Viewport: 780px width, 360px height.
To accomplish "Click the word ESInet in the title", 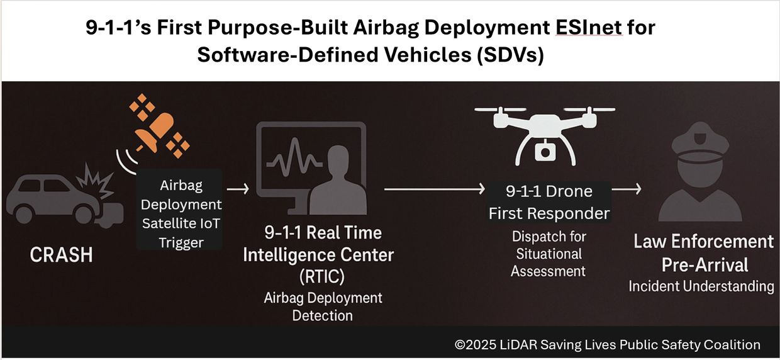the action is click(589, 28).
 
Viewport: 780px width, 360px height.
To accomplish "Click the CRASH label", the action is click(61, 255).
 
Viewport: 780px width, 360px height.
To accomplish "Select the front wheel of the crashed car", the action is click(84, 215).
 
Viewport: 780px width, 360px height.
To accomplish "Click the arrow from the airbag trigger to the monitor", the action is click(238, 189).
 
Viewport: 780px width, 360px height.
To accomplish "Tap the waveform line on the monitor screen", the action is click(294, 157).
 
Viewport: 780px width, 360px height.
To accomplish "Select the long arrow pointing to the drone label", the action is click(435, 189).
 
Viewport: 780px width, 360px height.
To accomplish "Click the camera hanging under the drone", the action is click(545, 150).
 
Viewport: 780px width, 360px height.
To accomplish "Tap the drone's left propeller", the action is click(500, 110).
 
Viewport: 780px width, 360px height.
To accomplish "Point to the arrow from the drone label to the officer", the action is click(627, 189).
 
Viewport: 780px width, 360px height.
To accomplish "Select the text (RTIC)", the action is click(322, 277).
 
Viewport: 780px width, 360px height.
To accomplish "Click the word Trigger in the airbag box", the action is click(181, 242).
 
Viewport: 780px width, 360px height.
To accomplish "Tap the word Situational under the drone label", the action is click(549, 254).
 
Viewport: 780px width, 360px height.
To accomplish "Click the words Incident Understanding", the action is click(701, 286).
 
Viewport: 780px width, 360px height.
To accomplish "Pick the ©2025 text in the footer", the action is click(476, 345).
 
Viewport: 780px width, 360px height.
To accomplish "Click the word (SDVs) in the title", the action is click(511, 55).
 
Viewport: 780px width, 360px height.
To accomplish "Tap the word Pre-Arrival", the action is click(705, 265).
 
